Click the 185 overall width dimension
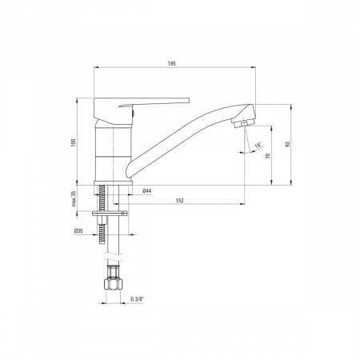(x=172, y=63)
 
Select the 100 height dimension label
(x=74, y=142)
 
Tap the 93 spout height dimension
(x=287, y=144)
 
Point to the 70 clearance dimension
(x=268, y=156)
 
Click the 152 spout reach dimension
(x=180, y=201)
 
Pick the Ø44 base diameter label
(x=147, y=190)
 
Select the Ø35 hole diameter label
(x=78, y=231)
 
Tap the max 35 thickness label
(x=74, y=199)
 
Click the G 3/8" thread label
(x=137, y=299)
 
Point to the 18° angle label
(x=258, y=146)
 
